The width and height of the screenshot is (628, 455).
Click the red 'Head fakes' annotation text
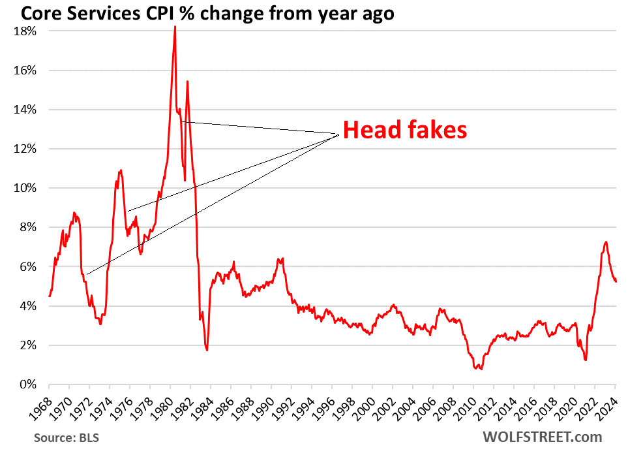405,131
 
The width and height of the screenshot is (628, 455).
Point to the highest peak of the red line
175,27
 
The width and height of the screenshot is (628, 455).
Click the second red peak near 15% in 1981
187,82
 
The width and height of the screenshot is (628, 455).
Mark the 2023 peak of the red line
606,242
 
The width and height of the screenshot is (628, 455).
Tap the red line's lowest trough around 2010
481,369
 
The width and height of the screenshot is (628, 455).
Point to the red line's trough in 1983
207,351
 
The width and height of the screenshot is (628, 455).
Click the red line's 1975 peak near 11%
121,170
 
